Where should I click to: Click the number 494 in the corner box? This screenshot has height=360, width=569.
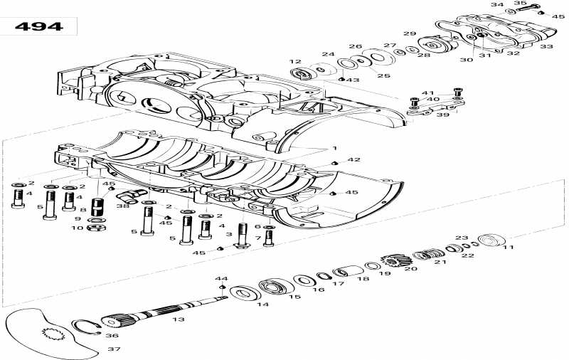coord(39,27)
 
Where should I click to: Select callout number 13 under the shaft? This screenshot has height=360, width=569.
coord(178,319)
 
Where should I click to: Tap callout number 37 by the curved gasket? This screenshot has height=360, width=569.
coord(114,349)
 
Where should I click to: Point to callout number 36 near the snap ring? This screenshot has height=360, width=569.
coord(112,335)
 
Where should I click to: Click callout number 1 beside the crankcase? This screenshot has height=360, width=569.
coord(334,147)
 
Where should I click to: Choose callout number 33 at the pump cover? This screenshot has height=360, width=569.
coord(546,46)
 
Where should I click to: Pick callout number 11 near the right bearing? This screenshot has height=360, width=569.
coord(508,247)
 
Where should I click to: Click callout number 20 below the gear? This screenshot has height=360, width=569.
coord(408,268)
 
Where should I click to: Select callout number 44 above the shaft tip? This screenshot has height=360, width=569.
coord(221,278)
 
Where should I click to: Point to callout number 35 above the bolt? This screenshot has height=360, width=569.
coord(519,4)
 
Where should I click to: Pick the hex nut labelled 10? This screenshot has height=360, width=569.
coord(94,228)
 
